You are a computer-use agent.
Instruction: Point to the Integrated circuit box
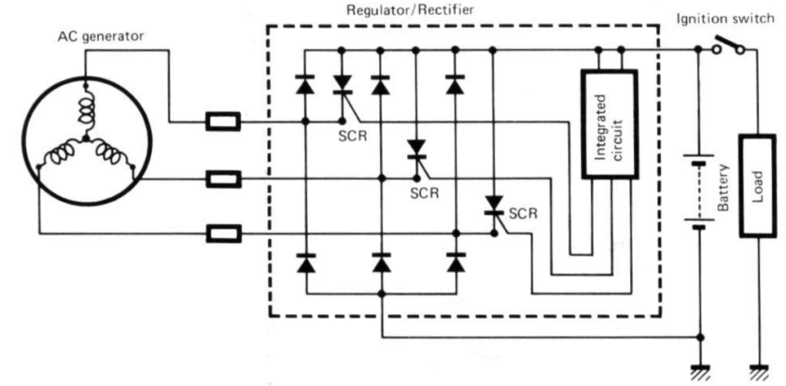click(x=609, y=124)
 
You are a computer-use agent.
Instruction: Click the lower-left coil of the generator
click(x=61, y=158)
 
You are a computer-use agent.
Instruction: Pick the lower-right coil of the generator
click(x=111, y=157)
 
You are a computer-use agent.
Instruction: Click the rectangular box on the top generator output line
click(x=223, y=120)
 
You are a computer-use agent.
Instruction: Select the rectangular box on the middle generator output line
click(x=223, y=180)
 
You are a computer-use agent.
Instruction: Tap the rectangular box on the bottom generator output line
click(x=223, y=233)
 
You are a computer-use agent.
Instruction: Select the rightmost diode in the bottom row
click(x=457, y=264)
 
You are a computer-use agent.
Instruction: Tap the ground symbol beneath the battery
click(x=699, y=371)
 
